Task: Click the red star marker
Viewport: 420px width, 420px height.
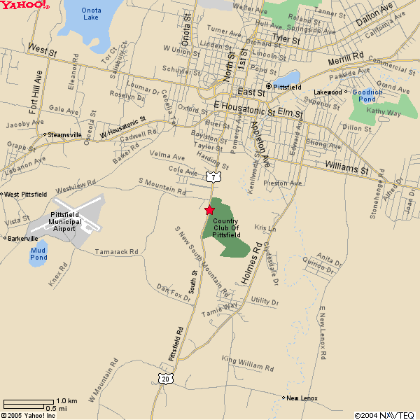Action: point(209,210)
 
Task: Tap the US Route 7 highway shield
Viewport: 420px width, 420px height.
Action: point(212,178)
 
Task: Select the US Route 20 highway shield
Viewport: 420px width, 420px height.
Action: point(164,379)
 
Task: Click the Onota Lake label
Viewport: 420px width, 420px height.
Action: point(91,13)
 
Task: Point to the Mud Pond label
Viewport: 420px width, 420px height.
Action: point(39,253)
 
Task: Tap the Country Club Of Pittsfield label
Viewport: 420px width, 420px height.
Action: point(226,227)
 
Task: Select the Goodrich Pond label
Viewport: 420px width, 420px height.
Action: point(367,95)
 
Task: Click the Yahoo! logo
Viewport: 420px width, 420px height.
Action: point(24,6)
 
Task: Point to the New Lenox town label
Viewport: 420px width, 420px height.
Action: point(302,398)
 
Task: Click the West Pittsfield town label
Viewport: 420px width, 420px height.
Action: point(26,194)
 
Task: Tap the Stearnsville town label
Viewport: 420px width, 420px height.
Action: point(64,134)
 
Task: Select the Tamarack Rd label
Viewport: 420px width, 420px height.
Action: point(117,251)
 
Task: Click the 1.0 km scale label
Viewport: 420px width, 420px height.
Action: point(66,401)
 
